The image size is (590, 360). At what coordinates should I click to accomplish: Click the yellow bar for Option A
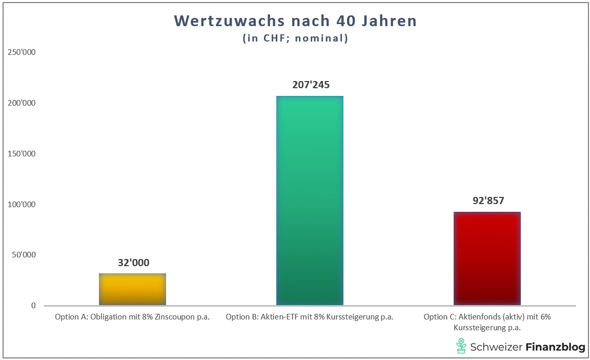click(x=132, y=289)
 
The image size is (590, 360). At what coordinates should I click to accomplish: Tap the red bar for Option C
click(x=487, y=258)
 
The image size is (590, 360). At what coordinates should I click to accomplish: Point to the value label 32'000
click(x=133, y=263)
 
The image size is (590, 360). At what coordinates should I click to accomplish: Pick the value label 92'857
click(x=488, y=201)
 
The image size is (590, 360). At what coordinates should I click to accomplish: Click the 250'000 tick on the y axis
click(x=21, y=53)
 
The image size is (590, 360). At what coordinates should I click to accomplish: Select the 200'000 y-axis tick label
click(x=21, y=103)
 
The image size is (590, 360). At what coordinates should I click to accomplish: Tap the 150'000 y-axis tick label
click(x=21, y=154)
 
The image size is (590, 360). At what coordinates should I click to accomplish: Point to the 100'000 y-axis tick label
click(x=21, y=205)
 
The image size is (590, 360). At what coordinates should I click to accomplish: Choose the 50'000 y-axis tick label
click(x=23, y=255)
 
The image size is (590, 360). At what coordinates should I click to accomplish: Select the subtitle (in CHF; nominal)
click(x=295, y=38)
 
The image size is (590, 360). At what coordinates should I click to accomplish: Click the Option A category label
click(x=132, y=317)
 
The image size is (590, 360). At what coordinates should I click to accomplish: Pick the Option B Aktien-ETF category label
click(x=310, y=317)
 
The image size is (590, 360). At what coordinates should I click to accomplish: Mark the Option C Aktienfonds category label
click(x=487, y=322)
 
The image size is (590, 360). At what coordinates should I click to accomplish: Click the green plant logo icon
click(x=461, y=346)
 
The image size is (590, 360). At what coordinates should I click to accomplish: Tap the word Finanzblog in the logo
click(x=555, y=347)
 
